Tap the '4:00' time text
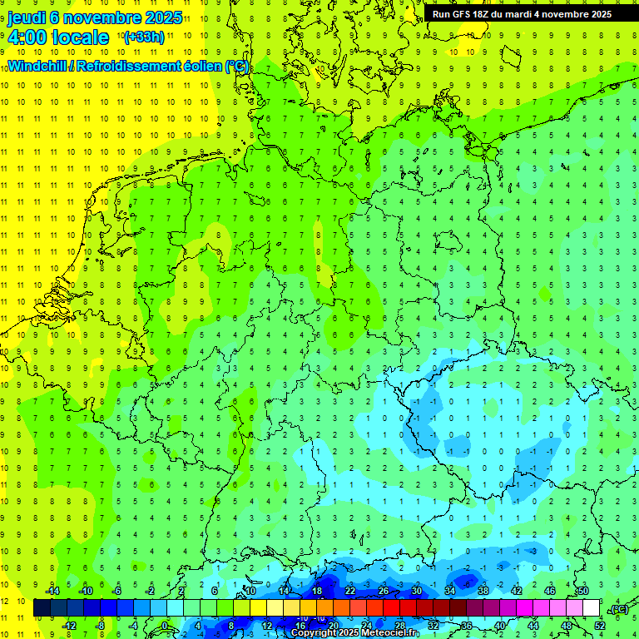pyautogui.click(x=27, y=37)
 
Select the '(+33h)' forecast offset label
pyautogui.click(x=143, y=37)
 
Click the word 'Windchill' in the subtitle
pyautogui.click(x=38, y=66)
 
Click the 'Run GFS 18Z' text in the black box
pyautogui.click(x=461, y=14)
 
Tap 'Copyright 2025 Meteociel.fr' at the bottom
pyautogui.click(x=354, y=633)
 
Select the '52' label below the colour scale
pyautogui.click(x=599, y=626)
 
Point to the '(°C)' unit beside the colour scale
pyautogui.click(x=618, y=609)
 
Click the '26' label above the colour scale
pyautogui.click(x=384, y=591)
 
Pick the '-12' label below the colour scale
pyautogui.click(x=69, y=626)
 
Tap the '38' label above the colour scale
pyautogui.click(x=483, y=591)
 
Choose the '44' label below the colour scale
pyautogui.click(x=532, y=626)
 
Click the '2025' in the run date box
pyautogui.click(x=597, y=14)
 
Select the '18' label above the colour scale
pyautogui.click(x=317, y=591)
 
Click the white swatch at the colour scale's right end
pyautogui.click(x=592, y=608)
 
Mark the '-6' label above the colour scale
pyautogui.click(x=117, y=591)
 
